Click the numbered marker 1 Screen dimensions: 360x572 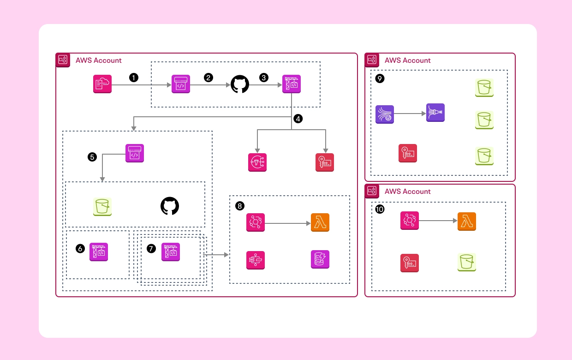[x=134, y=78]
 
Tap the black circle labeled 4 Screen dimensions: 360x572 [x=298, y=119]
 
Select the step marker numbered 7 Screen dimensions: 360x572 [x=151, y=248]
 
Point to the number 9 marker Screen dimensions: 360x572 [x=380, y=79]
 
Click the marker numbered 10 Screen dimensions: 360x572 [x=380, y=210]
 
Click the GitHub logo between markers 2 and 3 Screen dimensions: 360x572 [x=240, y=84]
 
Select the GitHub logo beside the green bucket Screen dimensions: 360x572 [x=170, y=206]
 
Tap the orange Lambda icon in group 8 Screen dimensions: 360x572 [x=320, y=222]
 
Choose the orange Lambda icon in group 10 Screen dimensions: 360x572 [x=466, y=222]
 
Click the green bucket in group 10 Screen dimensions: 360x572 [x=466, y=262]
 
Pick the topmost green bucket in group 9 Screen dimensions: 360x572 [x=484, y=87]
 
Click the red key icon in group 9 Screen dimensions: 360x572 [x=408, y=153]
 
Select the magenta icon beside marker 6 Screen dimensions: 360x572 [x=99, y=252]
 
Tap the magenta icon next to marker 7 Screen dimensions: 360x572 [x=171, y=252]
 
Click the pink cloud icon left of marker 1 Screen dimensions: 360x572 [x=102, y=84]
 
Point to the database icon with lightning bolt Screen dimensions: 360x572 [x=320, y=260]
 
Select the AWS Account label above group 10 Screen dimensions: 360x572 [x=407, y=191]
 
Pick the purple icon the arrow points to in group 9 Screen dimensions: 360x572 [x=435, y=113]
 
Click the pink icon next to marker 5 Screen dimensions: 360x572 [x=135, y=153]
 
